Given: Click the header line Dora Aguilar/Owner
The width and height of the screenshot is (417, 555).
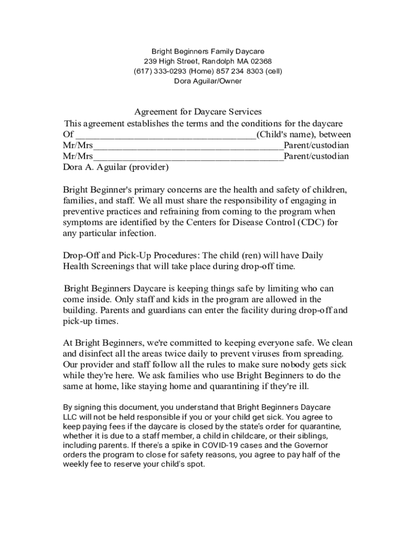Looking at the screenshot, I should click(208, 81).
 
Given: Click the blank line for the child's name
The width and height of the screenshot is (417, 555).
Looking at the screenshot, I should click(165, 135).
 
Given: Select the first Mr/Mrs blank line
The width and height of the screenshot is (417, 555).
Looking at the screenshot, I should click(188, 146).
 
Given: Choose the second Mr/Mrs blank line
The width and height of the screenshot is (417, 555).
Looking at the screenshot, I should click(188, 157).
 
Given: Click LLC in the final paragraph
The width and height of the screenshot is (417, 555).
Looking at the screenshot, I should click(70, 417).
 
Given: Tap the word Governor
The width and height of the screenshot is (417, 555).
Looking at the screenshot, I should click(301, 445).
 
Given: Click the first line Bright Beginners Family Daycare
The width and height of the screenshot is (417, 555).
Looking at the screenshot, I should click(208, 51).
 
